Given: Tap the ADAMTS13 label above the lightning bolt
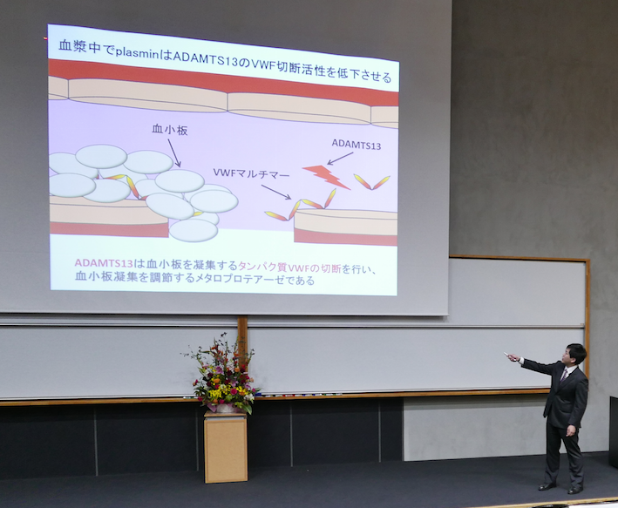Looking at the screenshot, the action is (357, 145).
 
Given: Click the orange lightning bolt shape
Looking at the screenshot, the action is (325, 177).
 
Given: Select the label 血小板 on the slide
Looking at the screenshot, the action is (170, 130).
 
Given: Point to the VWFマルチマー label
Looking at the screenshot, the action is (251, 173).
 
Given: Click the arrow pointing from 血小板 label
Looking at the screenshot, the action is (173, 152).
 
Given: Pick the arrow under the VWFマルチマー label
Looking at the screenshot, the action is (276, 192).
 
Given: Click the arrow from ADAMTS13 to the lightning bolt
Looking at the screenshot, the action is (340, 159).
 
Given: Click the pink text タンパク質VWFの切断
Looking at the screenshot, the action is (289, 268).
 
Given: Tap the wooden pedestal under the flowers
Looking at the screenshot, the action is (226, 447).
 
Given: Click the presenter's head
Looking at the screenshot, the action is (574, 355).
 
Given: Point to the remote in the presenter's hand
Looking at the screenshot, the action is (507, 356).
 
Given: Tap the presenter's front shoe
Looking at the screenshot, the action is (547, 487).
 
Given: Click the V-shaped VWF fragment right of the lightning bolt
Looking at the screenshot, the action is (371, 182).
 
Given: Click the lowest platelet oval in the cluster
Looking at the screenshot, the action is (194, 231).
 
